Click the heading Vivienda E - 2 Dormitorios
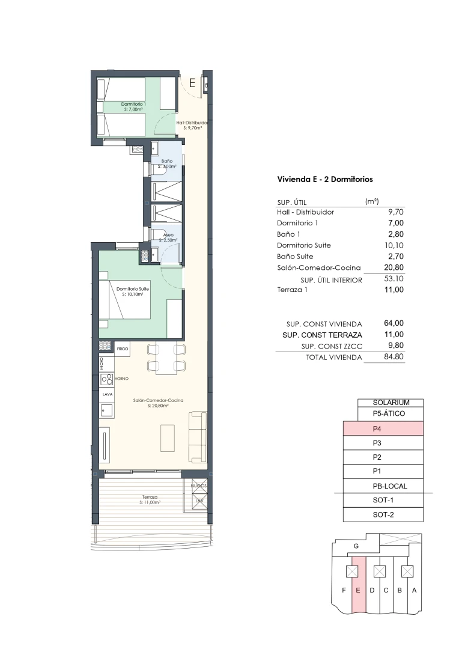(x=324, y=179)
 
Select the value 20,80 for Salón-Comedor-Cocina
(x=393, y=268)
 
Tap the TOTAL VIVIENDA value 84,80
(x=393, y=357)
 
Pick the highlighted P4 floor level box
(x=383, y=429)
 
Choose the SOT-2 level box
(x=383, y=515)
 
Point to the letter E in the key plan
(x=357, y=590)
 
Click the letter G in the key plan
(x=356, y=546)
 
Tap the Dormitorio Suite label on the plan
(x=133, y=290)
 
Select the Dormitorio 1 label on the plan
(x=133, y=105)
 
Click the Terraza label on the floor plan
(x=150, y=497)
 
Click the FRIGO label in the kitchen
(x=123, y=348)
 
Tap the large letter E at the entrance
(x=192, y=84)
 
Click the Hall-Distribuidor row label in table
(x=305, y=212)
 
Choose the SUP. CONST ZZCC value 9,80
(x=394, y=346)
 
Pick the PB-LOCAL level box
(x=383, y=486)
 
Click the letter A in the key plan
(x=414, y=590)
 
